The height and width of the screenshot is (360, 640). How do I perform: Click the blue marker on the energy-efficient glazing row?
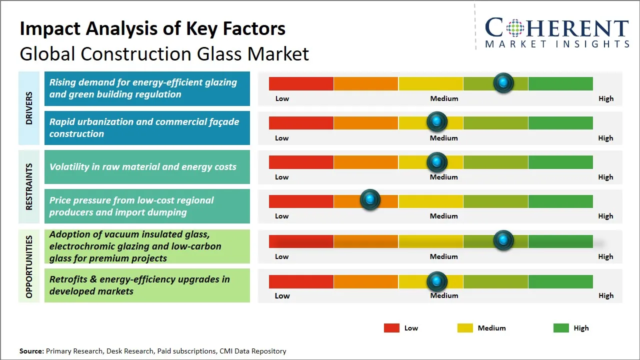coord(503,82)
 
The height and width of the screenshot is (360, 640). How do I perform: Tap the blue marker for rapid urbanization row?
coord(437,121)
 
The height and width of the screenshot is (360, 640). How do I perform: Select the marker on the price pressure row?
coord(370,200)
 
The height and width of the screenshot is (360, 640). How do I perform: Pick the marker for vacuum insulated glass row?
coord(503,240)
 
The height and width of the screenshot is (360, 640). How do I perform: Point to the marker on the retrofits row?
coord(437,281)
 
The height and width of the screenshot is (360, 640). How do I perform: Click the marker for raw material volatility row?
coord(437,161)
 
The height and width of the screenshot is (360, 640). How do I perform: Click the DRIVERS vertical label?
coord(29,108)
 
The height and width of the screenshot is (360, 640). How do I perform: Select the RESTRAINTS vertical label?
coord(29,186)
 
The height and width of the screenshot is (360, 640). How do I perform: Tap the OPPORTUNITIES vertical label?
coord(29,266)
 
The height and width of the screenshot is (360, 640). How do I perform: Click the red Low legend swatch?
coord(391,328)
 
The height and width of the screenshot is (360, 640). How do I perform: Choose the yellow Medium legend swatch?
coord(465,328)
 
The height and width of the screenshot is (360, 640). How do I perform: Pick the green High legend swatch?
coord(561,328)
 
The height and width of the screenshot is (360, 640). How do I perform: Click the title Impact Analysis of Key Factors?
coord(152,28)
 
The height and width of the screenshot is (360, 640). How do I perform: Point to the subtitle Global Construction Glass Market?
coord(164,53)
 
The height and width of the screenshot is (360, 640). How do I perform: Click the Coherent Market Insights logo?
coord(556,32)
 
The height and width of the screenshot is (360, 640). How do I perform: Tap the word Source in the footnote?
coord(31,351)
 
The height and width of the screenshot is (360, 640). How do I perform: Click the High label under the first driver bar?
coord(605,98)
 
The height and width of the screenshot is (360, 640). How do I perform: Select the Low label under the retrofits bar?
coord(282,295)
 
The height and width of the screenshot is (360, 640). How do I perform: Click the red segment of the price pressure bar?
coord(301,201)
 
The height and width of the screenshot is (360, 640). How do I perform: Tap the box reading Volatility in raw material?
coord(147,167)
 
